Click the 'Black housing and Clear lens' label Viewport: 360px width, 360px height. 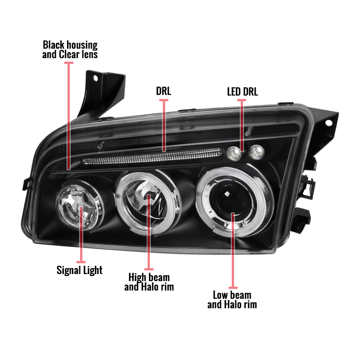coord(70,49)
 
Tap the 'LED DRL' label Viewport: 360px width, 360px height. coord(243,92)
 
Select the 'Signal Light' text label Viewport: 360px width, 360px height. coord(80,270)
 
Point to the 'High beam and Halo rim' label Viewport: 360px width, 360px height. coord(149,282)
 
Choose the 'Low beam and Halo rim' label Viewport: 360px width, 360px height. coord(232,300)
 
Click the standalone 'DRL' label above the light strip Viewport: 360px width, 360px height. coord(163,91)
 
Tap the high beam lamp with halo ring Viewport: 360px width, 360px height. coord(148,203)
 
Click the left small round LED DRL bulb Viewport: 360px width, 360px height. coord(234,153)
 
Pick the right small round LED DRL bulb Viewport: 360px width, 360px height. coord(256,152)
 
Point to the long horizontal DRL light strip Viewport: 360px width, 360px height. coord(152,157)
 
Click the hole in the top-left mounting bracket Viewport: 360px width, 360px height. coord(95,78)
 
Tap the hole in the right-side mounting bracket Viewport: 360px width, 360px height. coord(329,123)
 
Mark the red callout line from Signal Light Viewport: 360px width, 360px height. coord(81,234)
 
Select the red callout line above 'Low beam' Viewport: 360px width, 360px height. coord(233,251)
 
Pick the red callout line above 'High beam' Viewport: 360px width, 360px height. coord(149,232)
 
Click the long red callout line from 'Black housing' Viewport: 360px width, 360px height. coord(69,116)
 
